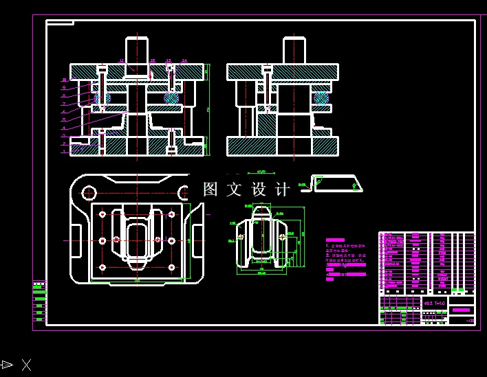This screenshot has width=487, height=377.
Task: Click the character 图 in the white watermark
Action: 210,190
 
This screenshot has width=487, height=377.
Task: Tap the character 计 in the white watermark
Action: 283,190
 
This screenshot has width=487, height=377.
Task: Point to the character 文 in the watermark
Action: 234,190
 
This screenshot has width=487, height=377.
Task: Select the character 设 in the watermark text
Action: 259,190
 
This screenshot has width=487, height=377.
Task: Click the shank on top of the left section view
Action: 137,51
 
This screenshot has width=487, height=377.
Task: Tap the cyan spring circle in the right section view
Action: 321,98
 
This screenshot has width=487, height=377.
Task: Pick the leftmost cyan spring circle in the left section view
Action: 102,98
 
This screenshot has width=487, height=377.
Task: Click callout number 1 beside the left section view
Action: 63,151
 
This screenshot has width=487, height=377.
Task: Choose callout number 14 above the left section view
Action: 184,61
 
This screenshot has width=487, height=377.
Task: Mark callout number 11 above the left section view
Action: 121,61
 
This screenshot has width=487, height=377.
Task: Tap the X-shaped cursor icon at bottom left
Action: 26,365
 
